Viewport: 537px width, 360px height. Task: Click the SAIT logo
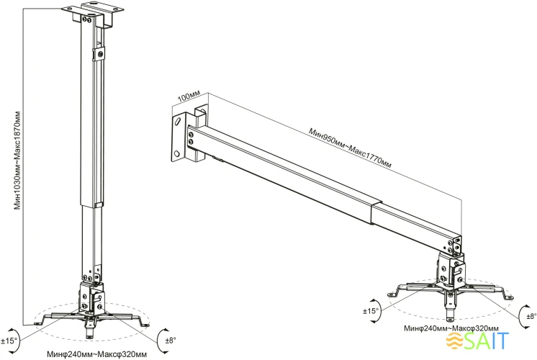click(489, 339)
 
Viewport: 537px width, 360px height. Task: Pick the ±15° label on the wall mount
click(371, 311)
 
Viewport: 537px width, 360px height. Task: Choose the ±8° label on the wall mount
click(531, 315)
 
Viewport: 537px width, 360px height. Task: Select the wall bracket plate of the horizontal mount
click(179, 136)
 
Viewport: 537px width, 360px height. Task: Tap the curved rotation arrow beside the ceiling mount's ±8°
click(160, 337)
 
